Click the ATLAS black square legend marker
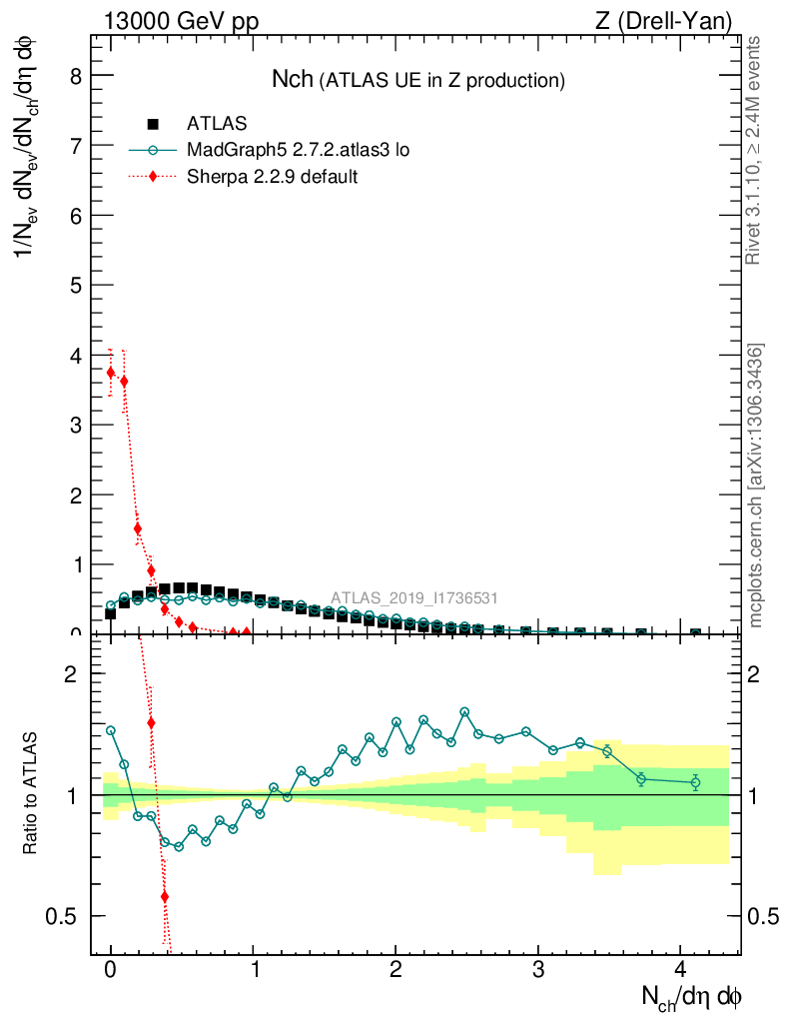(x=153, y=125)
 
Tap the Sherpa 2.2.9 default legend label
(x=273, y=177)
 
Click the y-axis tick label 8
(x=73, y=76)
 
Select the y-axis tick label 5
(x=73, y=285)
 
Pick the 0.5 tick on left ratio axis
(x=65, y=916)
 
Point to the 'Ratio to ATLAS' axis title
(x=31, y=794)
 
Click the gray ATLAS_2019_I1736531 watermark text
(x=414, y=598)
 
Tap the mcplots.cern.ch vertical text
(x=757, y=486)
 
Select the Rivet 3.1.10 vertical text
(x=755, y=150)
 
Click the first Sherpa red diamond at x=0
(x=111, y=373)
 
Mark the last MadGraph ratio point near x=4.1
(x=696, y=782)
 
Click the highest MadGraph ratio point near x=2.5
(x=464, y=712)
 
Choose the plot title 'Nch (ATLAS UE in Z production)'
(x=418, y=80)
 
